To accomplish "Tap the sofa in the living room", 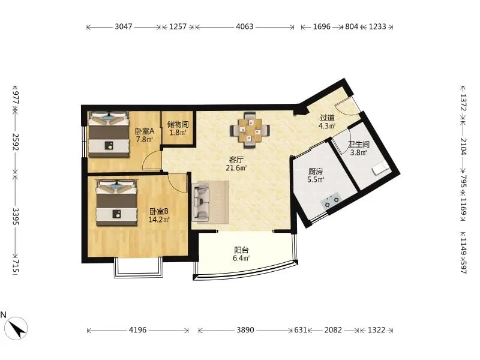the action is pos(201,201).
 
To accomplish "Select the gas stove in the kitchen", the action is pos(331,200).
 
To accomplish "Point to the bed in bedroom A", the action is pos(109,134).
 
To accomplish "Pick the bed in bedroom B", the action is pos(116,203).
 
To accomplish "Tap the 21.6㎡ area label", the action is pos(236,168).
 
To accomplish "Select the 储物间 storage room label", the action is pos(178,125).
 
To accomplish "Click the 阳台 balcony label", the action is pos(242,250).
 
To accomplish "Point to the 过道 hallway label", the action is pos(327,118).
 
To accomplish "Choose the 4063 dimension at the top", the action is pos(245,26).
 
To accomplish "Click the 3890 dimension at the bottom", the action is pos(245,330).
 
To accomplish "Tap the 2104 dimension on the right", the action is pos(463,146).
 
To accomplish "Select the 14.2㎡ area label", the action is pos(159,219).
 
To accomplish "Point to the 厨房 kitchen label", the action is pos(316,172).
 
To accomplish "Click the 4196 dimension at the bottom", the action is pos(138,330).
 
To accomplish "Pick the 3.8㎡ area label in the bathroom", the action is pos(358,152).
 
